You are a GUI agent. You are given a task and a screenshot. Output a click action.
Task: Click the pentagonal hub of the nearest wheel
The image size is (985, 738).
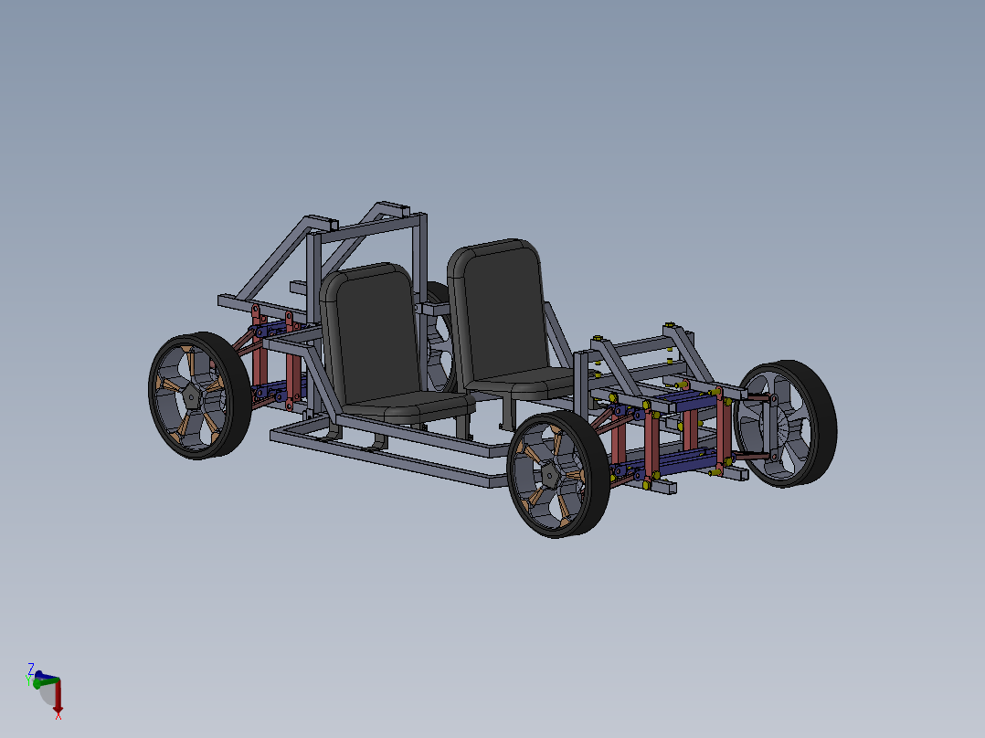tap(550, 474)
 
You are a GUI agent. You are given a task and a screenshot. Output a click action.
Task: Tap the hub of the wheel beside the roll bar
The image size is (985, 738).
tap(191, 395)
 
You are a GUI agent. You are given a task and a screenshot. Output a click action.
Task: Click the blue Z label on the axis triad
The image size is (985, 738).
tap(31, 669)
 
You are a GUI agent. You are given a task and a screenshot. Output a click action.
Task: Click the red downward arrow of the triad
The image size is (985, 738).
tap(57, 698)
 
